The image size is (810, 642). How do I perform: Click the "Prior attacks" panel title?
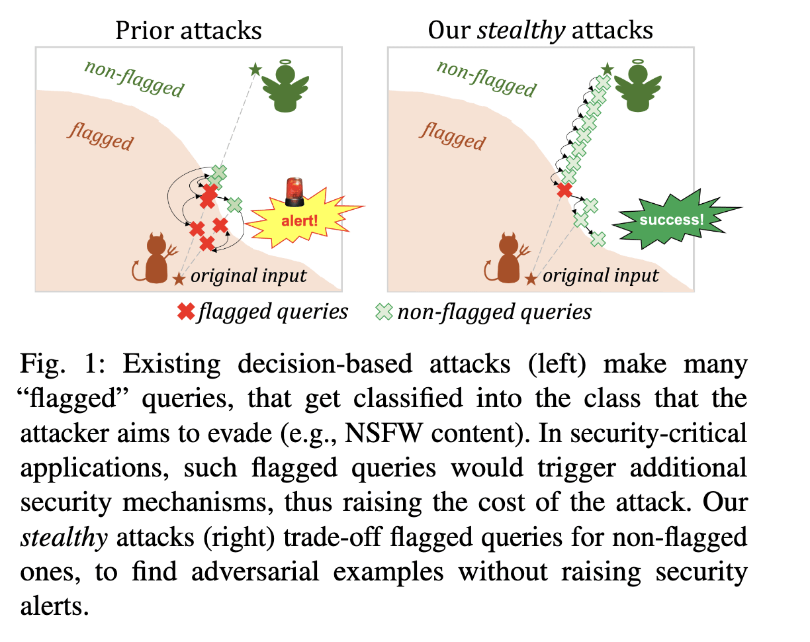(188, 30)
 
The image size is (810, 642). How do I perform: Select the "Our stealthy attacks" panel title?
(540, 30)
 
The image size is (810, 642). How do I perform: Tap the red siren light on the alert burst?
(293, 189)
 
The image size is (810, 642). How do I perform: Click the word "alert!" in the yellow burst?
(300, 220)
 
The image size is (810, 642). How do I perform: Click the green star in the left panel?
(255, 68)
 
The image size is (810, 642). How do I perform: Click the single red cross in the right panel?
(564, 191)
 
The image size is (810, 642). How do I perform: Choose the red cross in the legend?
(187, 312)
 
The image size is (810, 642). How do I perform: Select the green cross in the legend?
(384, 312)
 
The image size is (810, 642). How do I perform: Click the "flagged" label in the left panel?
(101, 138)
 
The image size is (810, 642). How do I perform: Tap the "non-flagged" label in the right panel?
(486, 78)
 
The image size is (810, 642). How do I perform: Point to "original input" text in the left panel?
(249, 276)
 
